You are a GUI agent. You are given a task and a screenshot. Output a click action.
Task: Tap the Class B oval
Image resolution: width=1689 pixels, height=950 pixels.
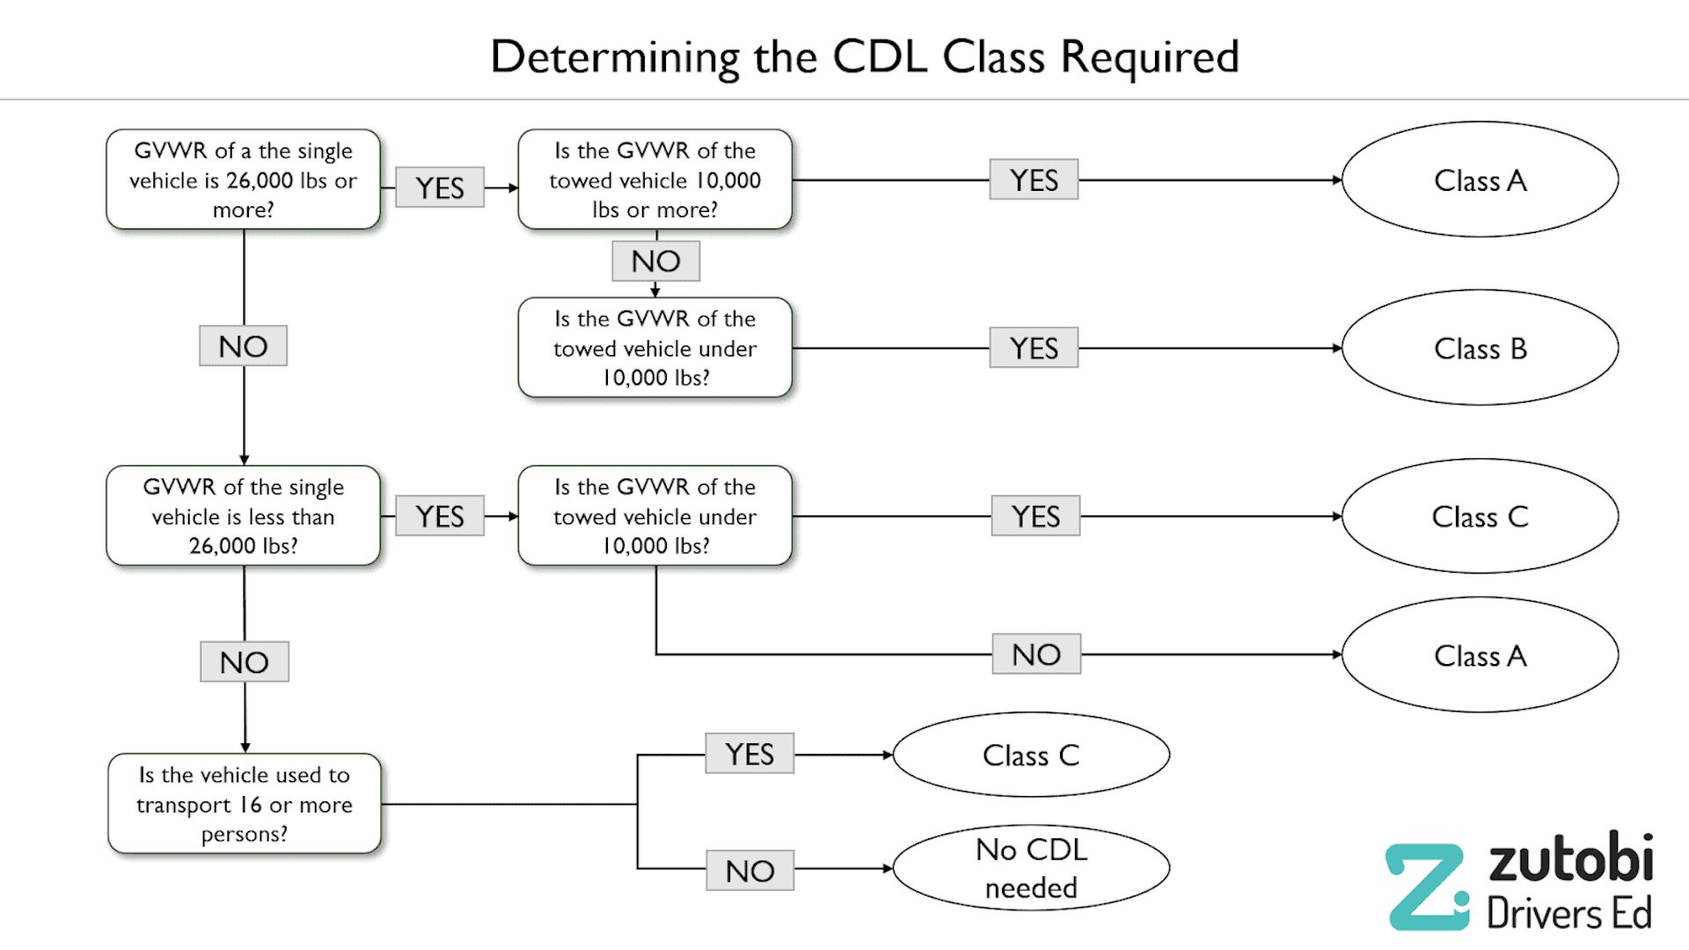[1480, 348]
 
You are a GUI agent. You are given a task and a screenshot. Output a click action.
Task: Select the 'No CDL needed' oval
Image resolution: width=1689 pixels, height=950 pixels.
[1031, 868]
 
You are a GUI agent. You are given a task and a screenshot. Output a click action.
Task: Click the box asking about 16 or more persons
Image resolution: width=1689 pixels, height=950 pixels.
[245, 804]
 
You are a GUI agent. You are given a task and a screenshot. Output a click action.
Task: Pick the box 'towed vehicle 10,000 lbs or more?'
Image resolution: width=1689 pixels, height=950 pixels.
[654, 180]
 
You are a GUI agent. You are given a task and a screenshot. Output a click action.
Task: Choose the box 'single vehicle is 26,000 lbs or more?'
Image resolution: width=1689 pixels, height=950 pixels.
[243, 180]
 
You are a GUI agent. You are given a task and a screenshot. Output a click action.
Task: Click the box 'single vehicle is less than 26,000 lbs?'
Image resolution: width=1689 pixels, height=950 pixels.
[243, 516]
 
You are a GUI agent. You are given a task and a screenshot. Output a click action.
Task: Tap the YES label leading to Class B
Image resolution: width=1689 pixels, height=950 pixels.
[1034, 348]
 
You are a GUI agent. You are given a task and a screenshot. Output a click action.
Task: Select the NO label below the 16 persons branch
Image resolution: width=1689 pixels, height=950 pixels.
[749, 871]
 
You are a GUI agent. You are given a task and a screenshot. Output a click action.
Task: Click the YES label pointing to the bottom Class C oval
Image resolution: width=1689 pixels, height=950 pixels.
[749, 754]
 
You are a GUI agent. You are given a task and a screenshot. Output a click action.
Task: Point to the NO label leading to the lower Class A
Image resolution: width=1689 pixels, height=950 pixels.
[1036, 654]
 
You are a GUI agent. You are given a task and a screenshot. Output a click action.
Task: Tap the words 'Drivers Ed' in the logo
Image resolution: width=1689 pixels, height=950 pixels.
[1569, 913]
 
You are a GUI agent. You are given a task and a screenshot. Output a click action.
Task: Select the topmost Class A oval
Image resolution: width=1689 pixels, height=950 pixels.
[1480, 180]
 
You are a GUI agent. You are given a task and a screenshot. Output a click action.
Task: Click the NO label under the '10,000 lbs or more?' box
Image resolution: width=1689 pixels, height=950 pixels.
[655, 261]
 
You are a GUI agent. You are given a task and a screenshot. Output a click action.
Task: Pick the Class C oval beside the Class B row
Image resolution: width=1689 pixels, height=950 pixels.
[1480, 516]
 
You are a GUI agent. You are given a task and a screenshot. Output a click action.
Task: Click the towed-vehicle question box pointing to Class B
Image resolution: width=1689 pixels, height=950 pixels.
[654, 348]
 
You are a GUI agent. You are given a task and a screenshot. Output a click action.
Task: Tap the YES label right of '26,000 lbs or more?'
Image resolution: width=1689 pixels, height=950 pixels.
[439, 187]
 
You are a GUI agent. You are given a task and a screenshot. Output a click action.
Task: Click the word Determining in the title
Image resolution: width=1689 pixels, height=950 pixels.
[614, 57]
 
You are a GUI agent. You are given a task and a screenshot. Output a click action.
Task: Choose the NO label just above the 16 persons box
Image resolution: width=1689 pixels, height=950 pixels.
[244, 662]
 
